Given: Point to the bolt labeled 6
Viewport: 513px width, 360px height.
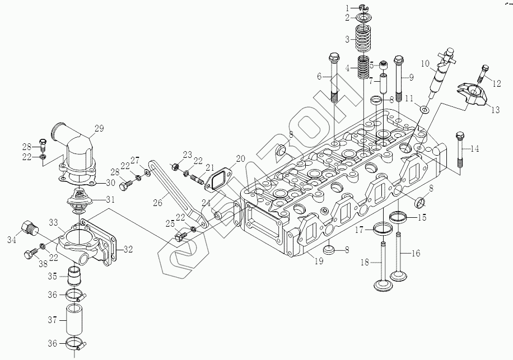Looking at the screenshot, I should tap(334, 78).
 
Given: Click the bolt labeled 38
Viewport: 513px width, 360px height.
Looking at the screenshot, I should tap(30, 256).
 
